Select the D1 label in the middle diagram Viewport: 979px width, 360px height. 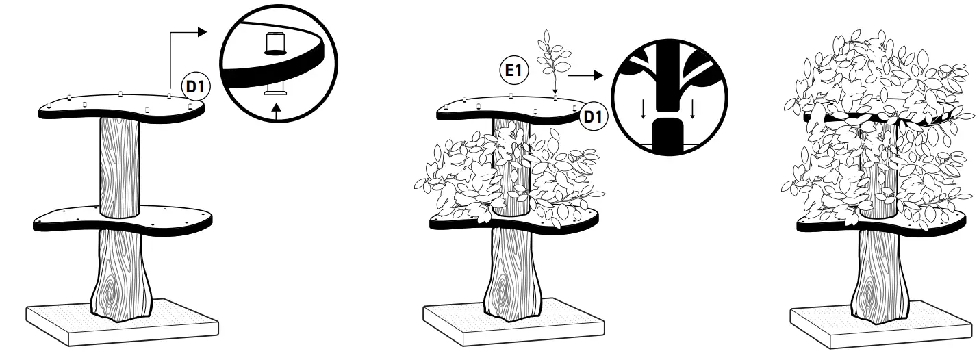click(593, 117)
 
